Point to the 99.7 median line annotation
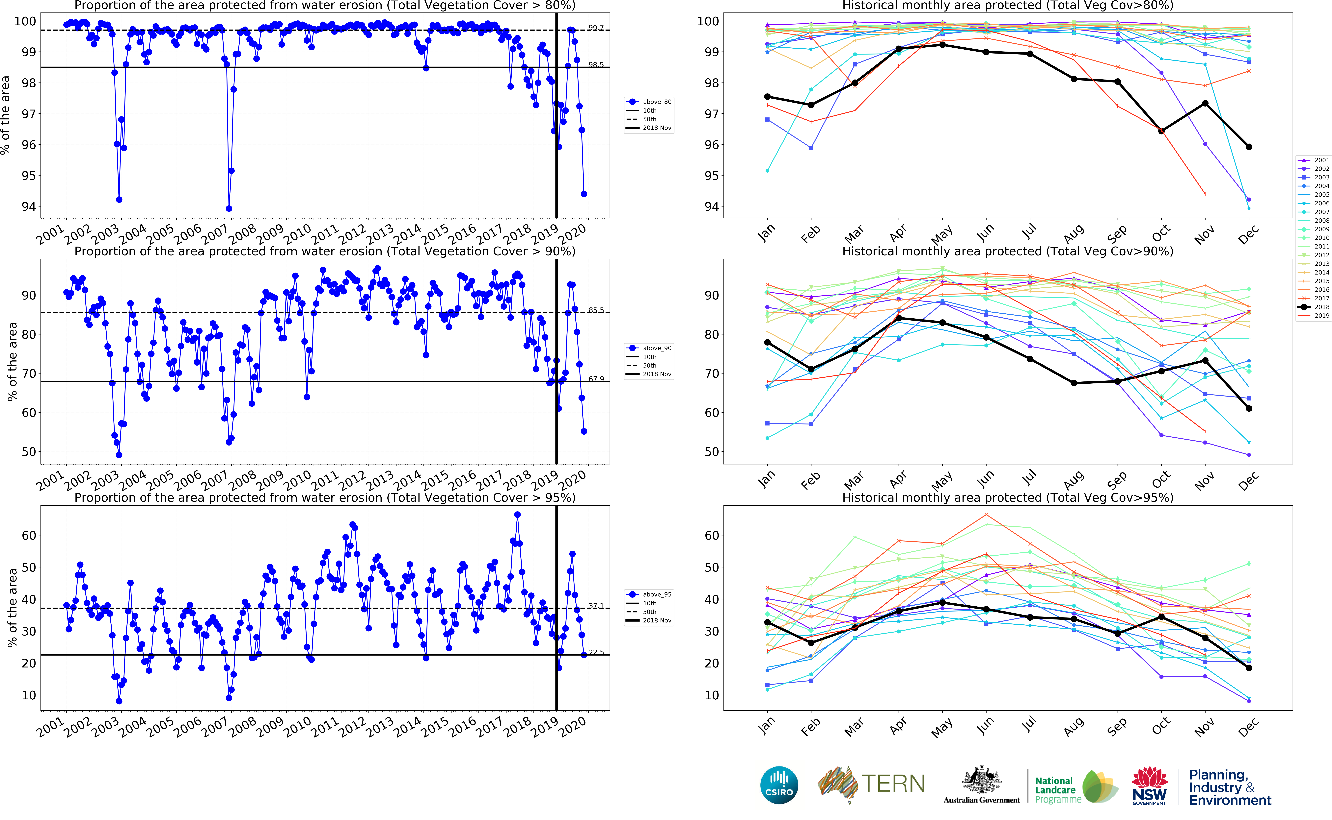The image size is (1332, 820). click(x=596, y=28)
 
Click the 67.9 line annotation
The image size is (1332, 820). click(x=596, y=379)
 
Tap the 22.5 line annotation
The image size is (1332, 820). click(x=596, y=652)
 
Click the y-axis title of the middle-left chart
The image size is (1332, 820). click(x=12, y=362)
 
